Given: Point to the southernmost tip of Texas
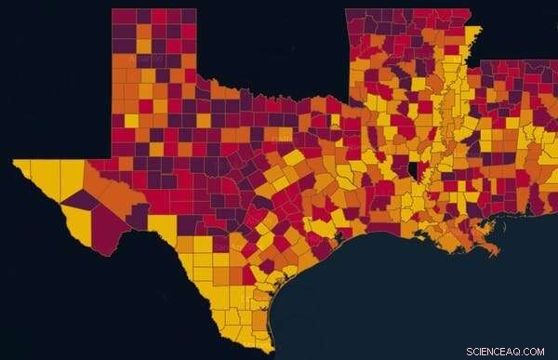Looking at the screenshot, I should (x=270, y=352).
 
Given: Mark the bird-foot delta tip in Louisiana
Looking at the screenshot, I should (x=494, y=251).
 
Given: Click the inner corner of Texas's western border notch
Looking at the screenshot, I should (x=113, y=159).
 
